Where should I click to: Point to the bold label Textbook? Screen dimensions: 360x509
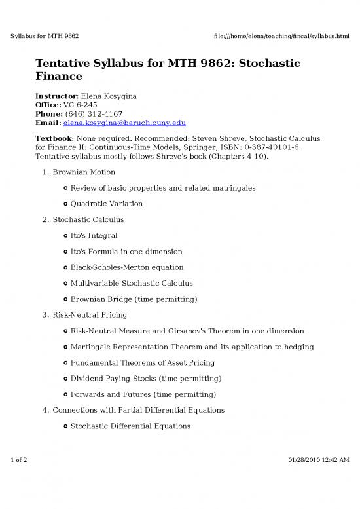54,138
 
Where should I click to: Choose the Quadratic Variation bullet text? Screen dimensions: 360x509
106,204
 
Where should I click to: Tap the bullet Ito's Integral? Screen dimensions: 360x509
94,235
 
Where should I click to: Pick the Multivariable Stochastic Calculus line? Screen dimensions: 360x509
132,283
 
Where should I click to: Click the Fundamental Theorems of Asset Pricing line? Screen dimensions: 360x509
142,362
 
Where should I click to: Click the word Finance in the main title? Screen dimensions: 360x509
61,78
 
